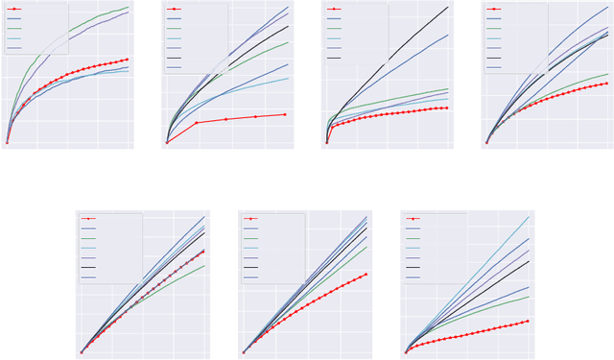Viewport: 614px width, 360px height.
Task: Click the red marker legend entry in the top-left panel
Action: click(x=14, y=9)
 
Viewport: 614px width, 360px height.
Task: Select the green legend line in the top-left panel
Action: click(x=14, y=28)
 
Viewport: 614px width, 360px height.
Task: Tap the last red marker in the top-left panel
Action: click(x=128, y=60)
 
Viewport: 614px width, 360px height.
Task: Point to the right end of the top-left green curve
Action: click(x=129, y=7)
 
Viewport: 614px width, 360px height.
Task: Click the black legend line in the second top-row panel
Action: click(x=174, y=58)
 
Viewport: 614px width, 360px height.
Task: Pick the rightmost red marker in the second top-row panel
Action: click(x=286, y=114)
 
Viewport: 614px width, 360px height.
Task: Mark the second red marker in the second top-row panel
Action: click(x=197, y=123)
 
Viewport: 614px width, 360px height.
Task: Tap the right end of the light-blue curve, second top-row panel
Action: click(x=288, y=79)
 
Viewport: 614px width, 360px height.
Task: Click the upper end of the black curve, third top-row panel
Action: click(x=448, y=7)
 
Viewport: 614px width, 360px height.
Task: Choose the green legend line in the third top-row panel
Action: click(x=334, y=28)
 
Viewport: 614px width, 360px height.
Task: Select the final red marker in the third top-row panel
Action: click(x=447, y=108)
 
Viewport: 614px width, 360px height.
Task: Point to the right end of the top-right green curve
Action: click(x=608, y=73)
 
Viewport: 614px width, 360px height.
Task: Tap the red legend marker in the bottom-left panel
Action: click(x=89, y=219)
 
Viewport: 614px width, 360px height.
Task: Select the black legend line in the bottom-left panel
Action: click(x=89, y=267)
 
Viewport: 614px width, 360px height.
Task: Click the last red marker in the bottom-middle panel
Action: click(x=366, y=275)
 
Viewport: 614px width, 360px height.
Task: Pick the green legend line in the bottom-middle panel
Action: click(x=251, y=238)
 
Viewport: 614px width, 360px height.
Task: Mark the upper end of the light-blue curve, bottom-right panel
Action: click(x=529, y=217)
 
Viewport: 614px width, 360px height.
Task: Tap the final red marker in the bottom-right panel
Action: click(x=529, y=321)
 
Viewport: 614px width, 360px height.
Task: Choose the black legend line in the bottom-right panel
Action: click(x=413, y=267)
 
